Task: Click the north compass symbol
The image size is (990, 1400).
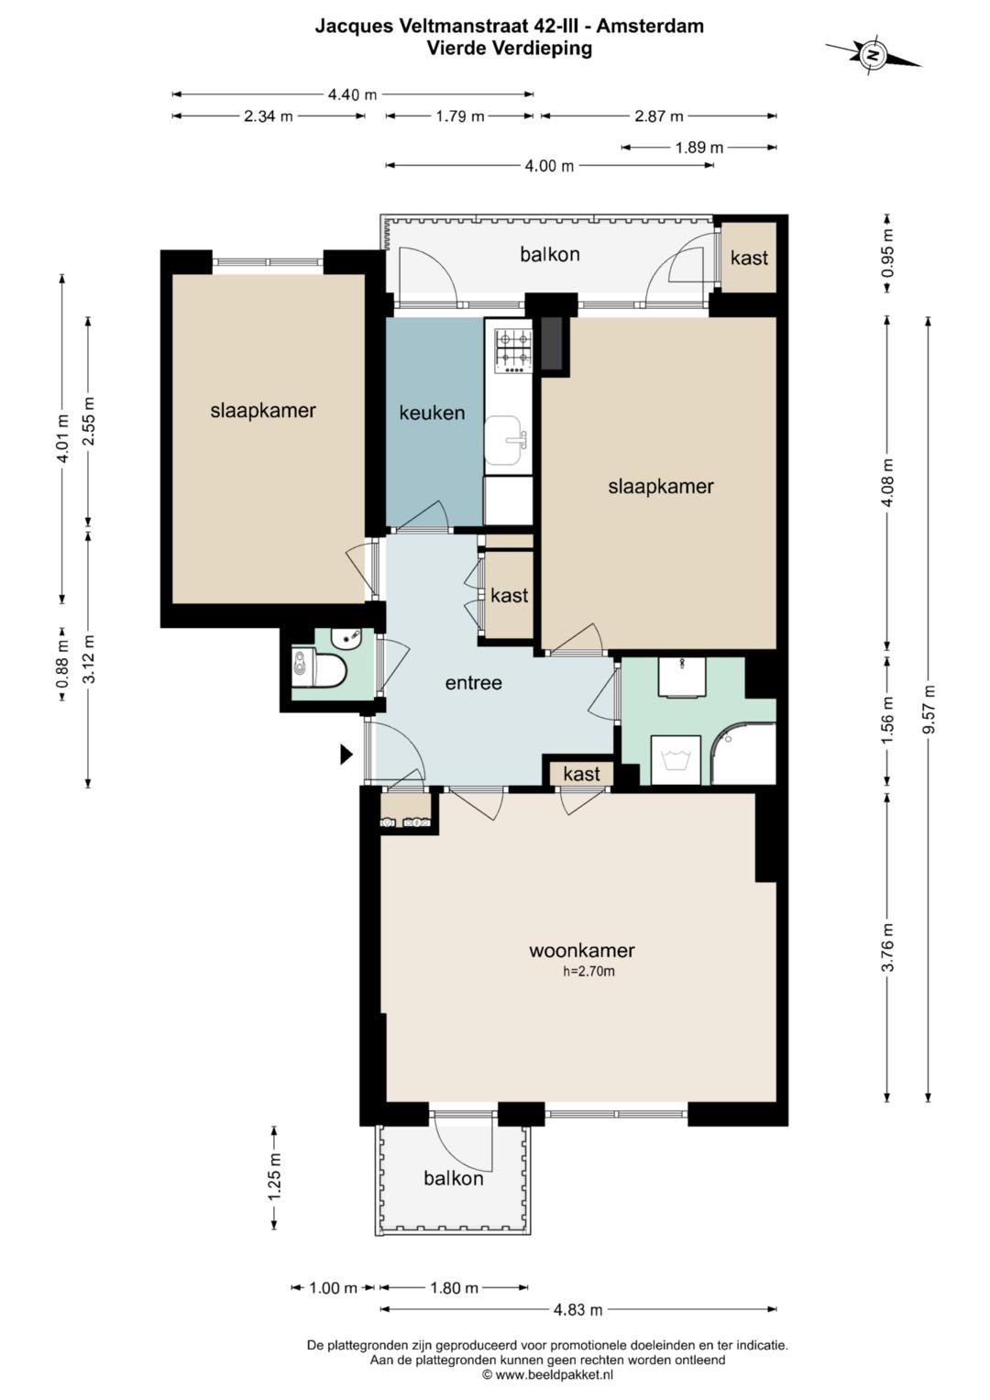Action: point(873,56)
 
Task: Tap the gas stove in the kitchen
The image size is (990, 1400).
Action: point(513,352)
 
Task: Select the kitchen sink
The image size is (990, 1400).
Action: point(507,440)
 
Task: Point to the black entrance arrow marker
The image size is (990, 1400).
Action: point(346,755)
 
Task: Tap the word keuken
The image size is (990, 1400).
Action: point(432,413)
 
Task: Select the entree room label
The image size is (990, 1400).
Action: point(473,682)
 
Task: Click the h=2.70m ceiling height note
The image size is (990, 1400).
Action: point(588,971)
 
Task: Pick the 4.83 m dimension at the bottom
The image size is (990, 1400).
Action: point(578,1309)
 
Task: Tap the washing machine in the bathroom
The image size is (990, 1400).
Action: point(675,760)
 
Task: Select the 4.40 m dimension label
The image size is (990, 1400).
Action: point(353,95)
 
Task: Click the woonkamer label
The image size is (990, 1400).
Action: point(581,951)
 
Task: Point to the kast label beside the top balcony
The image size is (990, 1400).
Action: point(749,259)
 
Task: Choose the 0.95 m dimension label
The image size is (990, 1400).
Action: point(887,254)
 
